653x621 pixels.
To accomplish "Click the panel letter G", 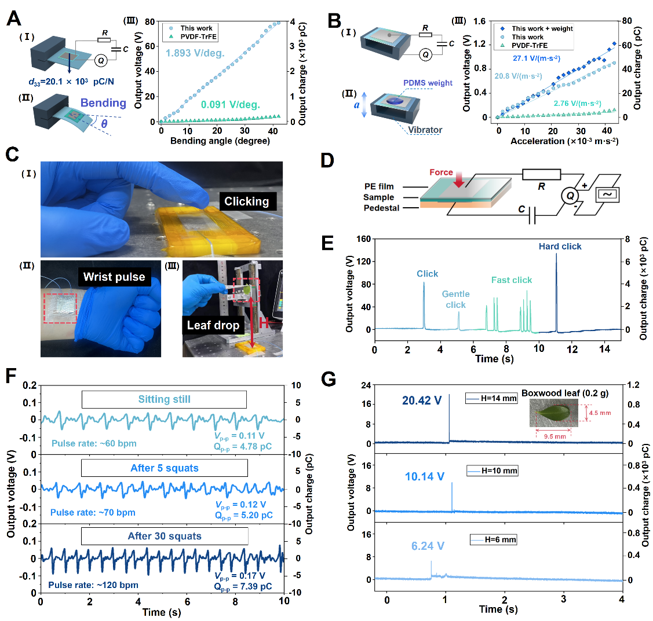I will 329,380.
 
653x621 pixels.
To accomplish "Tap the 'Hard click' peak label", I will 560,247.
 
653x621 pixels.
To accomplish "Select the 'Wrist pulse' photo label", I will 114,277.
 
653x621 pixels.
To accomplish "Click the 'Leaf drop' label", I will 213,325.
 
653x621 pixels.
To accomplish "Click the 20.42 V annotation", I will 422,400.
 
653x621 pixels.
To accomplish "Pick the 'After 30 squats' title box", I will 165,536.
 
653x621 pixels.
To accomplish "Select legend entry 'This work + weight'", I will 542,28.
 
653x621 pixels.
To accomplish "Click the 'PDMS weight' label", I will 428,83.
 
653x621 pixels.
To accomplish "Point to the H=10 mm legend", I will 492,471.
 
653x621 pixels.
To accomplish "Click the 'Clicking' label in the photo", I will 247,201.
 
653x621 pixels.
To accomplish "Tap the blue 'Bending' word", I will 103,103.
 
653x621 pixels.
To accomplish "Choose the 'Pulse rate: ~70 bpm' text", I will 93,512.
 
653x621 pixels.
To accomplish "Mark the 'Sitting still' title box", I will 164,399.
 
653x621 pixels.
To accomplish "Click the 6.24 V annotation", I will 428,546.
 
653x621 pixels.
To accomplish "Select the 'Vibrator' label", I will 425,130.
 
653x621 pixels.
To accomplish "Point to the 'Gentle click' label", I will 455,299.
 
